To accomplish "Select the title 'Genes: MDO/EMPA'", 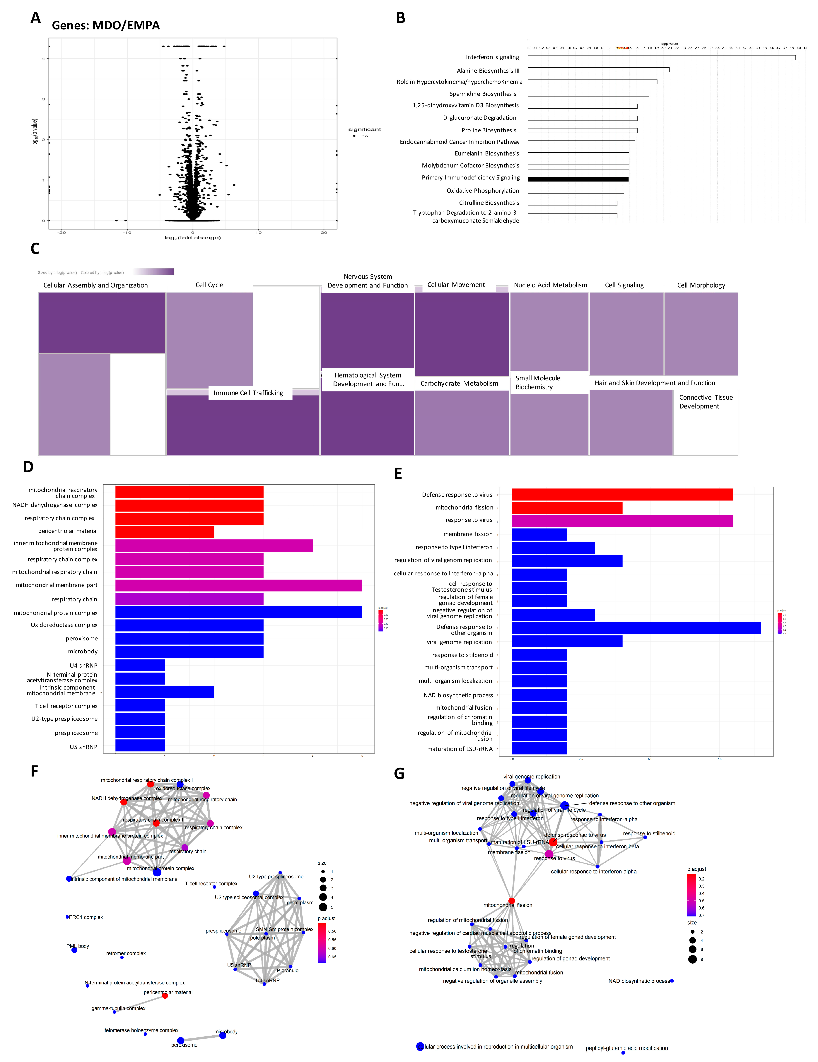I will [105, 25].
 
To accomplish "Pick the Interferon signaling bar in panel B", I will [661, 57].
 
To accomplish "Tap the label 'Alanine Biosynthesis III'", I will [488, 71].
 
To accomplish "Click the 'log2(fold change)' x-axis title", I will [193, 238].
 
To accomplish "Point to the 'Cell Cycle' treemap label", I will [209, 285].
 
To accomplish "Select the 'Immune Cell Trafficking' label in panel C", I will [248, 393].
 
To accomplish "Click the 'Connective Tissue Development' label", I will [706, 402].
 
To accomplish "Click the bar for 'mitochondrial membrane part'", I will [238, 585].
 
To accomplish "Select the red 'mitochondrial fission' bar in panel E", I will [567, 508].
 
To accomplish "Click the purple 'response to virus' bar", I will [622, 521].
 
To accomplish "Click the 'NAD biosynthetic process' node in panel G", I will [672, 981].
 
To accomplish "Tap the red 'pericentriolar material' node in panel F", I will [165, 996].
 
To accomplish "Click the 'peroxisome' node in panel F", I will [180, 1040].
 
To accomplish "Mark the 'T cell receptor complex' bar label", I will [66, 706].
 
